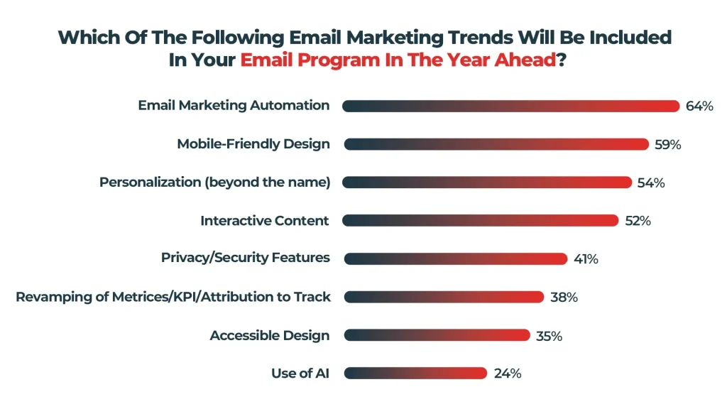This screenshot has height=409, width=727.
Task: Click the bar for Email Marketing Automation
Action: point(510,106)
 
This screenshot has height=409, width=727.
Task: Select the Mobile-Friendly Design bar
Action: point(496,144)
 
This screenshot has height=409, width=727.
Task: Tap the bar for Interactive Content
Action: point(480,221)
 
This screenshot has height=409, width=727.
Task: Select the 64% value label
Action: point(699,107)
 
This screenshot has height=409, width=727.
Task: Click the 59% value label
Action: point(667,145)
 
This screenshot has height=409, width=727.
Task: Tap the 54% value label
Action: point(650,183)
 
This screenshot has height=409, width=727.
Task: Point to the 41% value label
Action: point(586,259)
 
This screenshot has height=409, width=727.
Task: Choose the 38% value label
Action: point(564,298)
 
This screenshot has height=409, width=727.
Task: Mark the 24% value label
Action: point(508,373)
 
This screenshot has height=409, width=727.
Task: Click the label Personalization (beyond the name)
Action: point(215,182)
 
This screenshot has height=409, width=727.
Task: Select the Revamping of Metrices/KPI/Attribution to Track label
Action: point(173,297)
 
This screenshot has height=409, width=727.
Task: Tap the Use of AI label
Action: point(300,373)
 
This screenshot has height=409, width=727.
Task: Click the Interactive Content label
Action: point(265,221)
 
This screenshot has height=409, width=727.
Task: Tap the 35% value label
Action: point(548,336)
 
